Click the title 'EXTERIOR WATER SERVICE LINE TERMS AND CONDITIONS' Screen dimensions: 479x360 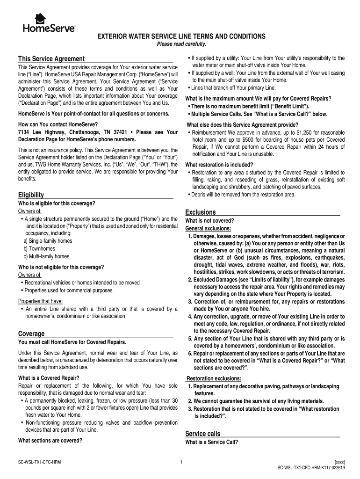pyautogui.click(x=181, y=36)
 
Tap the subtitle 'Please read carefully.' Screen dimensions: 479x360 pyautogui.click(x=181, y=44)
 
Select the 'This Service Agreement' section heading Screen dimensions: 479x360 pyautogui.click(x=51, y=59)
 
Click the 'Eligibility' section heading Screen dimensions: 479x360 pyautogui.click(x=31, y=195)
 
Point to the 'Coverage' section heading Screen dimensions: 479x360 pyautogui.click(x=31, y=334)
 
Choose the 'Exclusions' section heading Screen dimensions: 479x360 pyautogui.click(x=201, y=212)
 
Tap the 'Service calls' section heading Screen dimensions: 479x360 pyautogui.click(x=202, y=433)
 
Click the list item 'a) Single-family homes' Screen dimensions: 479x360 pyautogui.click(x=48, y=240)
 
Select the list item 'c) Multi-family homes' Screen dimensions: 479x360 pyautogui.click(x=46, y=256)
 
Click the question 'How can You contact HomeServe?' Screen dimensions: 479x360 pyautogui.click(x=58, y=124)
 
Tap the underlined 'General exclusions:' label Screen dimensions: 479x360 pyautogui.click(x=208, y=228)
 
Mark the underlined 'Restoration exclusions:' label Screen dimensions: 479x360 pyautogui.click(x=214, y=378)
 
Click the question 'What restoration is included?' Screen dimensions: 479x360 pyautogui.click(x=219, y=165)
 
